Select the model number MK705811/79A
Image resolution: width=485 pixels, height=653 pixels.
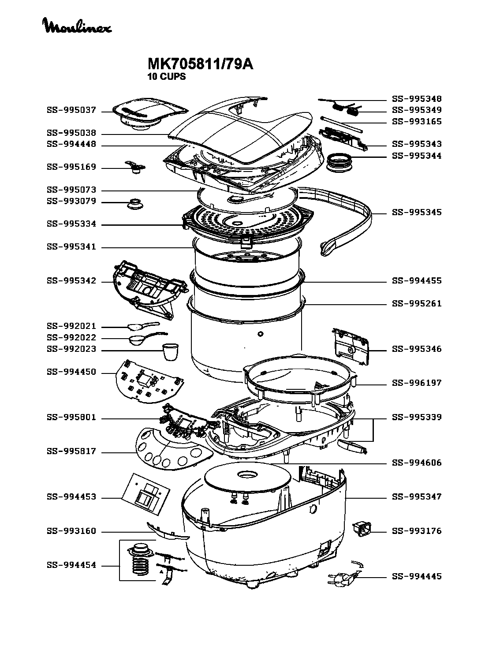pos(200,64)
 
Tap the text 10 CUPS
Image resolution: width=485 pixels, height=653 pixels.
pos(166,77)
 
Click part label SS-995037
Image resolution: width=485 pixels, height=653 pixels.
pos(71,110)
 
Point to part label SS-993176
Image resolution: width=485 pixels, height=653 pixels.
pos(417,531)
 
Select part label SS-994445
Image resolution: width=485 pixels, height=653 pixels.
pos(417,576)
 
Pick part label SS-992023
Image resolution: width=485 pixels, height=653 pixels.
pos(71,349)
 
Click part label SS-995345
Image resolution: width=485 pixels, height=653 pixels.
pos(417,212)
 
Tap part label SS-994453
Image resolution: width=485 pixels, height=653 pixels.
pos(71,496)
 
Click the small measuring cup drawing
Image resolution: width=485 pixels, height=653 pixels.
pos(171,351)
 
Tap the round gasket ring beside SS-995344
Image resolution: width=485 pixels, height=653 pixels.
pos(339,162)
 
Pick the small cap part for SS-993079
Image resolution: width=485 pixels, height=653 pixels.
pos(135,203)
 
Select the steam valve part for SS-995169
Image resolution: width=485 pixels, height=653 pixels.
pos(135,167)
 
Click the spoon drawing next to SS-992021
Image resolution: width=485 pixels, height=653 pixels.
pos(143,325)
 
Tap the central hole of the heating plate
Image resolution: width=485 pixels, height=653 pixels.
pos(247,474)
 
